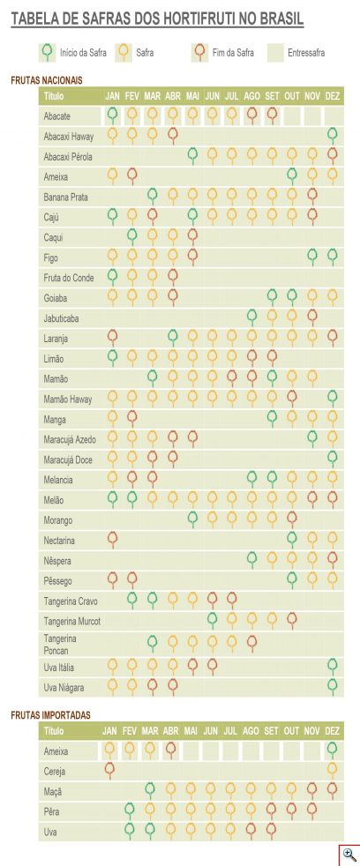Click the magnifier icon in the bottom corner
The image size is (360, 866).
pyautogui.click(x=349, y=855)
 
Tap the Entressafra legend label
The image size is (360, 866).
pyautogui.click(x=306, y=54)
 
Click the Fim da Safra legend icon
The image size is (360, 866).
pyautogui.click(x=199, y=52)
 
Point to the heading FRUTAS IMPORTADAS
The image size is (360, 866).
pyautogui.click(x=50, y=714)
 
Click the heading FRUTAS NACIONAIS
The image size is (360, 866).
pyautogui.click(x=47, y=80)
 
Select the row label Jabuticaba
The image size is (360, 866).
pyautogui.click(x=60, y=318)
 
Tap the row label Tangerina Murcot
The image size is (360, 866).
pyautogui.click(x=72, y=622)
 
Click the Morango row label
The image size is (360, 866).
pyautogui.click(x=58, y=520)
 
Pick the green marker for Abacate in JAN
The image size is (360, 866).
pyautogui.click(x=112, y=116)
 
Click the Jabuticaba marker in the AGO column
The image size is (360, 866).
pyautogui.click(x=251, y=317)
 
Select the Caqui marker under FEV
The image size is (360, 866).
pyautogui.click(x=132, y=237)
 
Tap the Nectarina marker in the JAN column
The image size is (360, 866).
pyautogui.click(x=112, y=540)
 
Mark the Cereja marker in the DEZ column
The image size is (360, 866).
pyautogui.click(x=333, y=770)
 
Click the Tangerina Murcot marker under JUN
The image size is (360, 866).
pyautogui.click(x=212, y=620)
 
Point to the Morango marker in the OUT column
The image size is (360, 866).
pyautogui.click(x=292, y=519)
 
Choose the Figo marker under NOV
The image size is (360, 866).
pyautogui.click(x=312, y=257)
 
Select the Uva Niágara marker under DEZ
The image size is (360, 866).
pyautogui.click(x=333, y=686)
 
